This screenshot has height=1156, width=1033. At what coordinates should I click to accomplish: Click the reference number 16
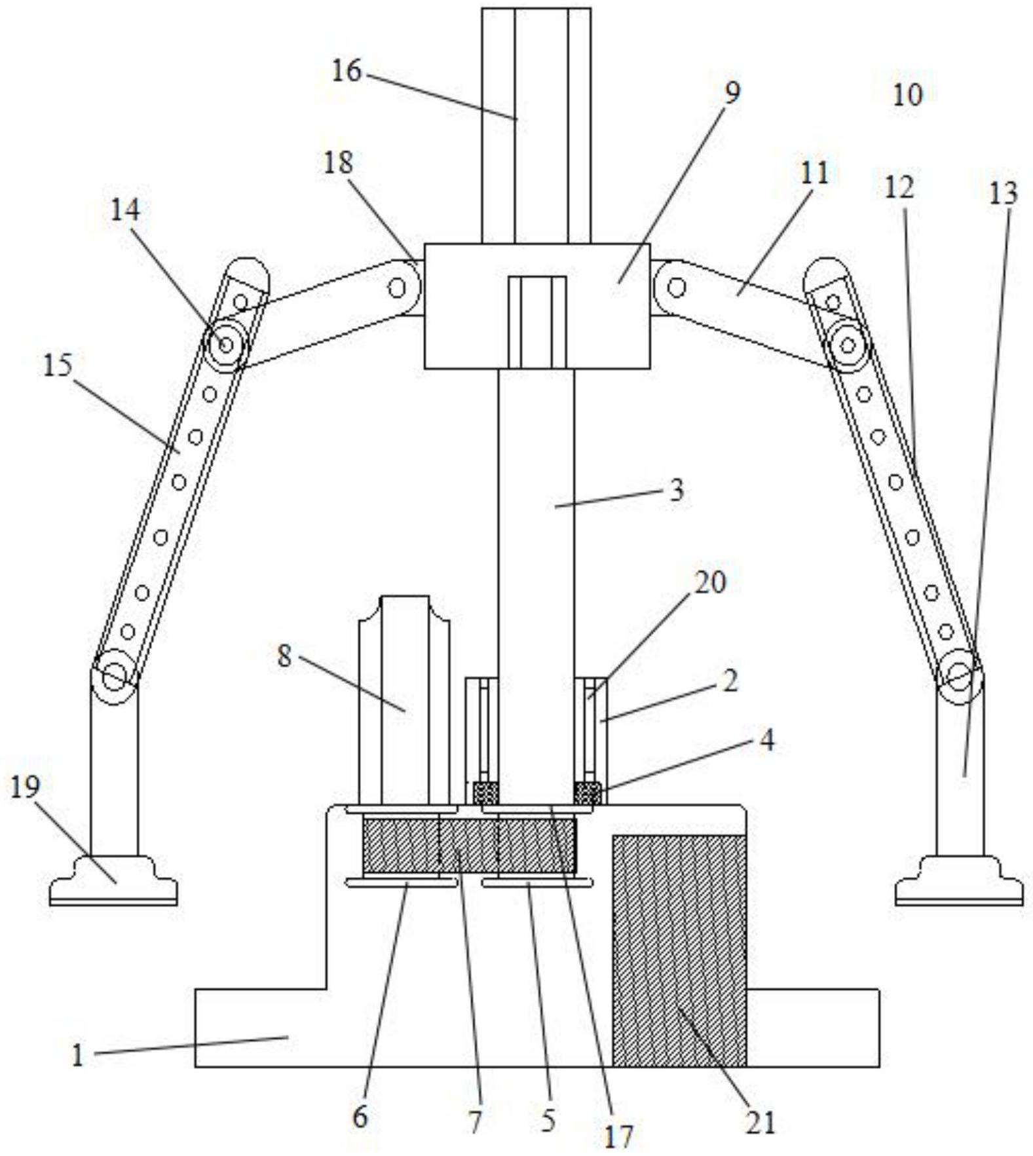pyautogui.click(x=346, y=71)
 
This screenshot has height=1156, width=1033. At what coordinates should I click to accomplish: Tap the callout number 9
pyautogui.click(x=732, y=92)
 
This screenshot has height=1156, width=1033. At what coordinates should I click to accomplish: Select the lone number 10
pyautogui.click(x=907, y=95)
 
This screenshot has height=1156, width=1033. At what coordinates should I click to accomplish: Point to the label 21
pyautogui.click(x=760, y=1123)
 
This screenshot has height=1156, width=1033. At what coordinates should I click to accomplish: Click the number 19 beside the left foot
pyautogui.click(x=25, y=787)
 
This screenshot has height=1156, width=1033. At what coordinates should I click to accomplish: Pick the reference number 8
pyautogui.click(x=284, y=656)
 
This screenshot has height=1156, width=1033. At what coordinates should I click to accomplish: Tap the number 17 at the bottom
pyautogui.click(x=618, y=1136)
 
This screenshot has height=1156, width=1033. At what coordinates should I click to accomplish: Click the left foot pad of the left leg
pyautogui.click(x=113, y=881)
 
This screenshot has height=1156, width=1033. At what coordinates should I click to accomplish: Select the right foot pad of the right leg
pyautogui.click(x=959, y=881)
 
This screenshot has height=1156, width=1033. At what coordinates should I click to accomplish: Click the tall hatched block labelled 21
pyautogui.click(x=679, y=949)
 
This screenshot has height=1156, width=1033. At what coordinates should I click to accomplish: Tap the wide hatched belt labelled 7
pyautogui.click(x=469, y=845)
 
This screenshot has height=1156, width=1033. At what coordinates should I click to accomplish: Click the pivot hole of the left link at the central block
pyautogui.click(x=397, y=288)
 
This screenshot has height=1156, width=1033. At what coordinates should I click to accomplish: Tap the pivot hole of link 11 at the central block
pyautogui.click(x=677, y=288)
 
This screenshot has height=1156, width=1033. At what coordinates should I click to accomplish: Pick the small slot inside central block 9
pyautogui.click(x=537, y=322)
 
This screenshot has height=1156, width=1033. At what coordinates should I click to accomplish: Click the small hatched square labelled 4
pyautogui.click(x=587, y=793)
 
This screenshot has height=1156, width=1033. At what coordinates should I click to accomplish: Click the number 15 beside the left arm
pyautogui.click(x=58, y=365)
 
